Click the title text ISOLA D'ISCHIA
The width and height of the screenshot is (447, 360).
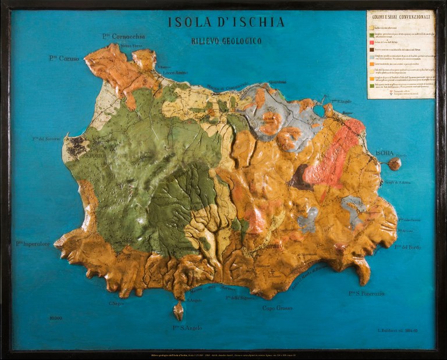(x=226, y=23)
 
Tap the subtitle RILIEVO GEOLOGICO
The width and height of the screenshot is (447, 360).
(x=226, y=41)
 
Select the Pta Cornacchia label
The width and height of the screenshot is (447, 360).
(x=123, y=36)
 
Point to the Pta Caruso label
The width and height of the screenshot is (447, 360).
(x=65, y=58)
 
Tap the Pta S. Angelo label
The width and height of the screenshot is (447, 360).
(x=187, y=328)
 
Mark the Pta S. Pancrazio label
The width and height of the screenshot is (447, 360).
(x=367, y=294)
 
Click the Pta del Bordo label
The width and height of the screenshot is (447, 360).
(x=407, y=247)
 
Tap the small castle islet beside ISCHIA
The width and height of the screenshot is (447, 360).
(x=395, y=164)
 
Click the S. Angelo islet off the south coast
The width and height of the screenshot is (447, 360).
(x=179, y=311)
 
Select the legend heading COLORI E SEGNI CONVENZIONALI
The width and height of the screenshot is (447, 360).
(x=400, y=16)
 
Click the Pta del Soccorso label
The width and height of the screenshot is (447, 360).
(x=47, y=139)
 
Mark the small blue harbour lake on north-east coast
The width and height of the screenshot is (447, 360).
(x=318, y=109)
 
